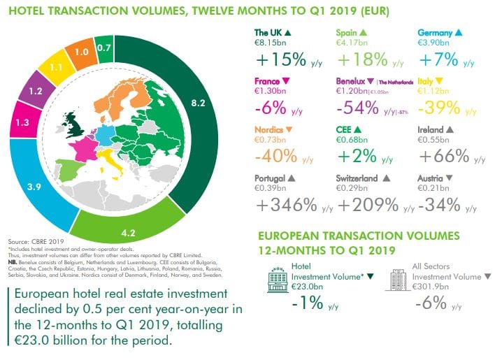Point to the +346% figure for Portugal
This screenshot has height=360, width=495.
(285, 205)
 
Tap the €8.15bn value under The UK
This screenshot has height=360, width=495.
(271, 43)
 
